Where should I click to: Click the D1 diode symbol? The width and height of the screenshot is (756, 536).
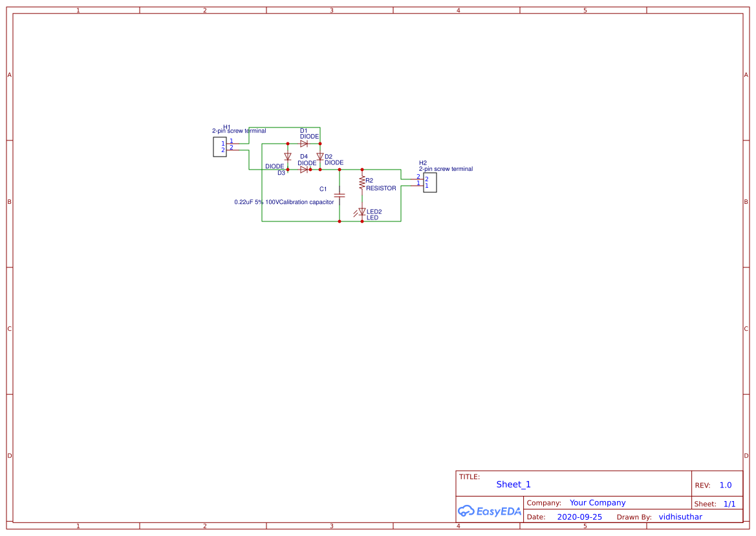coord(304,144)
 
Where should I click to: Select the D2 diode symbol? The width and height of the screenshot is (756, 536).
coord(319,156)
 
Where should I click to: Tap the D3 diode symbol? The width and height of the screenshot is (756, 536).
coord(288,157)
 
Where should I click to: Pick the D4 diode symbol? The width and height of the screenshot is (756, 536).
coord(304,170)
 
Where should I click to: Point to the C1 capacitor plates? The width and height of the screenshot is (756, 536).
coord(340,194)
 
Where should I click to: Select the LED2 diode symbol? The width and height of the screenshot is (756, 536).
coord(362,212)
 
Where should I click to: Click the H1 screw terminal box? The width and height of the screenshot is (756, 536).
coord(220,147)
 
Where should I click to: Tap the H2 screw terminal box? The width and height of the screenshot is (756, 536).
coord(430,183)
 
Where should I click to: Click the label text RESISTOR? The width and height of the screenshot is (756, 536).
coord(381,188)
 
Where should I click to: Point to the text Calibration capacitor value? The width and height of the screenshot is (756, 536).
coord(284,202)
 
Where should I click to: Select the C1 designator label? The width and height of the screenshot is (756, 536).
coord(323,189)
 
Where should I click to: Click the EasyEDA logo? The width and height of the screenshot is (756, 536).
coord(489,511)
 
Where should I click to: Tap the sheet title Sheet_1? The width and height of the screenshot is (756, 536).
coord(513,484)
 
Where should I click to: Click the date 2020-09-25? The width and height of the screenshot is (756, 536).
coord(579,517)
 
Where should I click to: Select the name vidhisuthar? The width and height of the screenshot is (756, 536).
coord(680,517)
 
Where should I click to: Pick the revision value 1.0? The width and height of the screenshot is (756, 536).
coord(726,485)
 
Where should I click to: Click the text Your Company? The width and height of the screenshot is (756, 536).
coord(598,502)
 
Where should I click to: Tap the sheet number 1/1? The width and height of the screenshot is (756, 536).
coord(729,504)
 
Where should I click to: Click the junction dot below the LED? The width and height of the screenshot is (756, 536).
coord(362,221)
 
